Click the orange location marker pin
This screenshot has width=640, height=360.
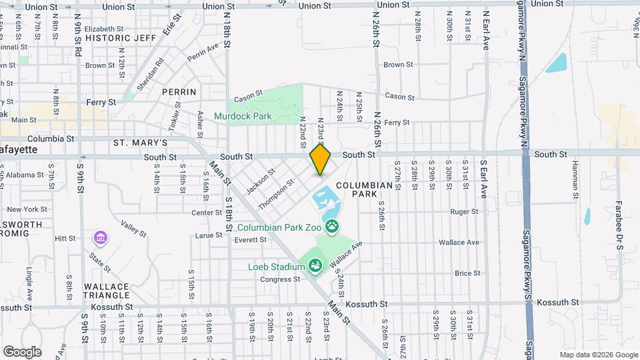click(321, 159)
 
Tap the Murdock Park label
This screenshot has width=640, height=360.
click(243, 116)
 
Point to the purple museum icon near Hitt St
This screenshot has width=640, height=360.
click(100, 237)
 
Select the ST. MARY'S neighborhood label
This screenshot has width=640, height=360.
click(139, 143)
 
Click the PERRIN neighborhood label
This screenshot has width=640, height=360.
click(179, 91)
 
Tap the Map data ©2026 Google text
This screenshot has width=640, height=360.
click(598, 355)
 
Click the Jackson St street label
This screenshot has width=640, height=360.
click(261, 181)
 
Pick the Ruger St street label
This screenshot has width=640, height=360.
click(465, 212)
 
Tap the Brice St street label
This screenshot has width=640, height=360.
click(467, 273)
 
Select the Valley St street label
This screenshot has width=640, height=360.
click(133, 228)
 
